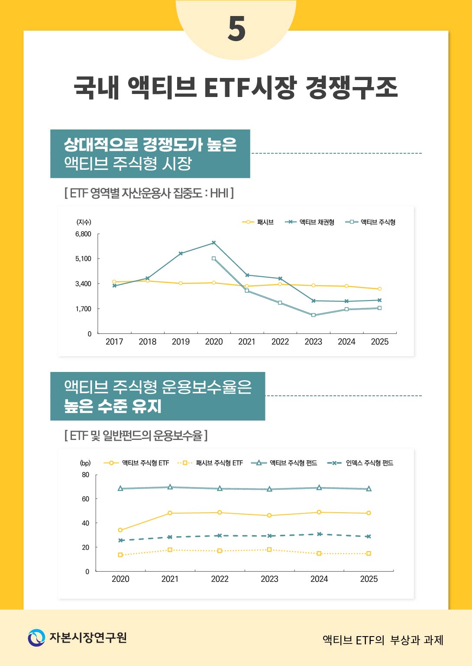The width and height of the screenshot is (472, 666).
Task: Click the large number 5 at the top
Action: tap(236, 29)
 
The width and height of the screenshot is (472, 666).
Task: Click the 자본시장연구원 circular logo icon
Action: tap(36, 638)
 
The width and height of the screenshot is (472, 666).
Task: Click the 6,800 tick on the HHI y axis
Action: tap(83, 234)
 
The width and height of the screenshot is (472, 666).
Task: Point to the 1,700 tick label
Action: tap(83, 309)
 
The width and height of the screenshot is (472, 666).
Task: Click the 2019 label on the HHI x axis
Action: tap(181, 342)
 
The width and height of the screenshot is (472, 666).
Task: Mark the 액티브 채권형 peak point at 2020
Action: tap(213, 243)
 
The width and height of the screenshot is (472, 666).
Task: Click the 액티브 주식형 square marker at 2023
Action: tap(313, 315)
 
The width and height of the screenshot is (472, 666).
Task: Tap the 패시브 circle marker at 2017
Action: tap(114, 282)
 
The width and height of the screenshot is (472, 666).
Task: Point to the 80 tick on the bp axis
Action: tap(86, 475)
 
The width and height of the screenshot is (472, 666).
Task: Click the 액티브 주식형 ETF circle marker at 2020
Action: tap(120, 530)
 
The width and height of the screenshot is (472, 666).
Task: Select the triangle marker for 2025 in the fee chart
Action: tap(369, 489)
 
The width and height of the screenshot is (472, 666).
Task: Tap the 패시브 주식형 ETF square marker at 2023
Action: tap(269, 550)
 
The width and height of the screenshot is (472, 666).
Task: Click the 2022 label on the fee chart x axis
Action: tap(220, 579)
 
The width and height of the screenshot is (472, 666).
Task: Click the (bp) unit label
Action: tap(85, 463)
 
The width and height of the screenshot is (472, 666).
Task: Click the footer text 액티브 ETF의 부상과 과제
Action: tap(383, 640)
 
